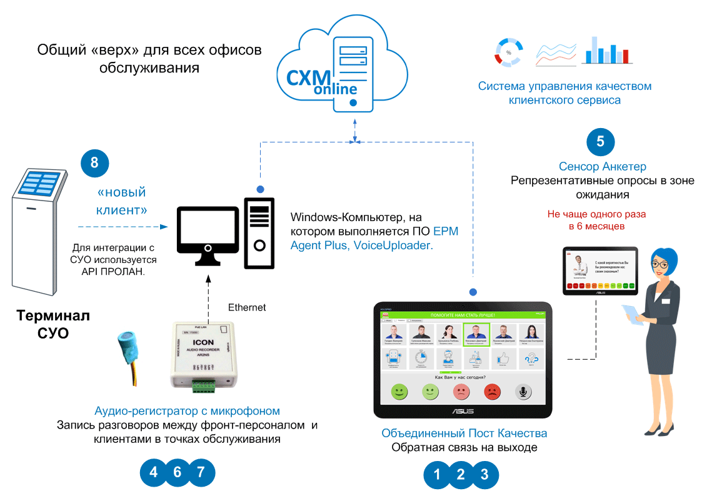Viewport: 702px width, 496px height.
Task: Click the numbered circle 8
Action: coord(94,162)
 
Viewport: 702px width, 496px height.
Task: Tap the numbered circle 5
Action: coord(600,142)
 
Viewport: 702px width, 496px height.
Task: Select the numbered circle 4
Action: coord(153,472)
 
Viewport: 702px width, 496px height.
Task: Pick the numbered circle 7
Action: coord(201,472)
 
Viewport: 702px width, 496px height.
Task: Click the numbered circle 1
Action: coord(437,474)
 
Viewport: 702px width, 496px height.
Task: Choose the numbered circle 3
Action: coord(484,474)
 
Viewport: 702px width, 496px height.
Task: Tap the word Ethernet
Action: coord(247,307)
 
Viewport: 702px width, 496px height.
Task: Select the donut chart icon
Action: coord(508,51)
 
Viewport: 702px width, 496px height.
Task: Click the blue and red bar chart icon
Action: coord(606,51)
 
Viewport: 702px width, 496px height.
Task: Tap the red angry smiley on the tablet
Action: coord(493,392)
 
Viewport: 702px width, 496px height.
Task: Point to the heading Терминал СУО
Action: coord(53,324)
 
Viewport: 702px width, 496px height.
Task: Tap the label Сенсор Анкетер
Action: coord(602,166)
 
